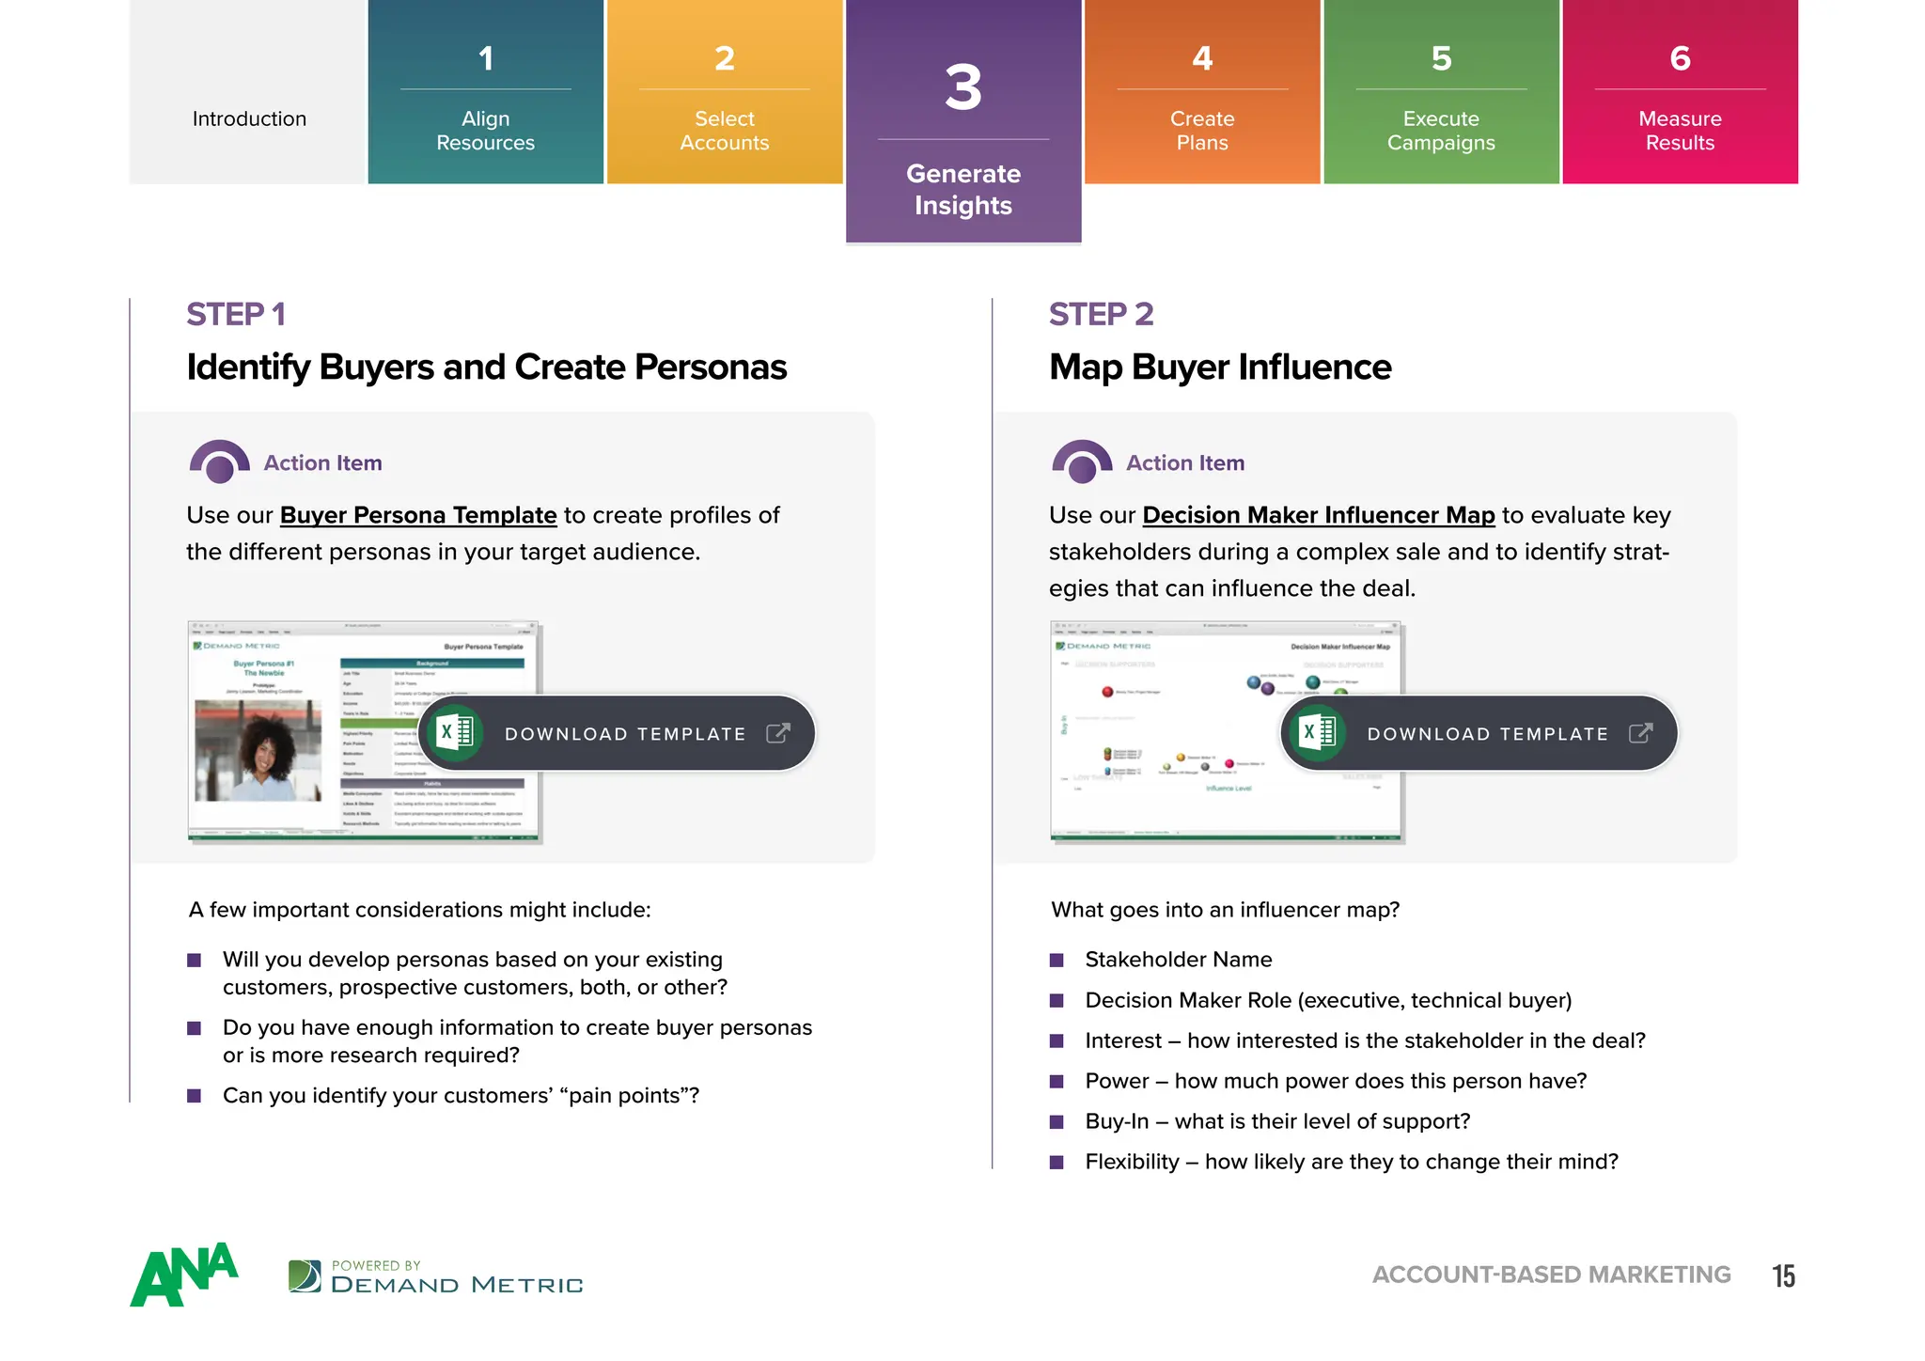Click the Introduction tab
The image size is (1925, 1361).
pos(249,118)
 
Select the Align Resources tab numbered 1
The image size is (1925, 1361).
pos(485,94)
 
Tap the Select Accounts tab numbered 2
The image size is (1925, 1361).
pos(724,94)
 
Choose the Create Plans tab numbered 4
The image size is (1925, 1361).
pos(1202,94)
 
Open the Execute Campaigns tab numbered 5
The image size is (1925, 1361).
pos(1441,94)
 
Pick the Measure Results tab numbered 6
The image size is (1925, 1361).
pos(1680,94)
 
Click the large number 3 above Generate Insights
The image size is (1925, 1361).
pos(963,88)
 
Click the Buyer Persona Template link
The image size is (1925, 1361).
pos(418,515)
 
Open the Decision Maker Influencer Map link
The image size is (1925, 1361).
pos(1318,515)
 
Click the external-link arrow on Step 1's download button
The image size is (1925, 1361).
pos(778,732)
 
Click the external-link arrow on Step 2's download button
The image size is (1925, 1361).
pos(1640,732)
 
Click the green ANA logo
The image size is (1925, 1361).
pos(184,1275)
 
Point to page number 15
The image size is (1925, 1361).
pos(1783,1275)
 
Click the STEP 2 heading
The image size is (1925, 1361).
pos(1101,314)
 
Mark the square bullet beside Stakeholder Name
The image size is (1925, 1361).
pos(1056,960)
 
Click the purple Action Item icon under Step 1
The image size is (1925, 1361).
pos(219,461)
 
